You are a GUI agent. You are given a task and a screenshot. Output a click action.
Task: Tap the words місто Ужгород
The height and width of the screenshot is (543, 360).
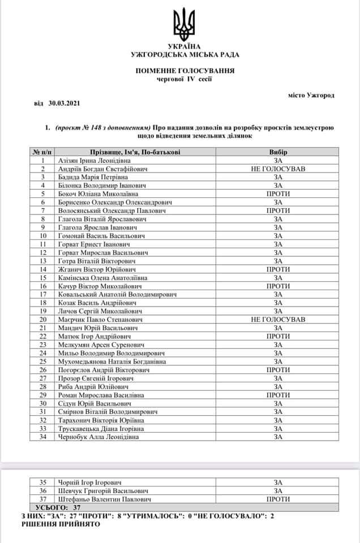click(x=311, y=95)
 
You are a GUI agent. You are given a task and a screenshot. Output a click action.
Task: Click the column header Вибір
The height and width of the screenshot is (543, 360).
click(x=278, y=153)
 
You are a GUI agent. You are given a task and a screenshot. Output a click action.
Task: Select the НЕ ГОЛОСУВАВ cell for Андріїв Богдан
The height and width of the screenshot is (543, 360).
click(x=278, y=169)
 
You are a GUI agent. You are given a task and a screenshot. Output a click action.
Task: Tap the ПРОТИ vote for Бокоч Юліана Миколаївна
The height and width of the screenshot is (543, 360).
click(x=278, y=193)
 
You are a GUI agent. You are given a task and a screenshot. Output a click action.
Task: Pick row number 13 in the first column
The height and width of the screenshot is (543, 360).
click(x=42, y=261)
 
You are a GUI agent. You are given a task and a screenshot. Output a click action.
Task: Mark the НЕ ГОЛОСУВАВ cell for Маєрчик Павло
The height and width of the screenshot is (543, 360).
click(x=278, y=319)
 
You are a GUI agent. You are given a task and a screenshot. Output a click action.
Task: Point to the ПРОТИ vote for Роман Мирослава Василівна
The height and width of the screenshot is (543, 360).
click(x=278, y=394)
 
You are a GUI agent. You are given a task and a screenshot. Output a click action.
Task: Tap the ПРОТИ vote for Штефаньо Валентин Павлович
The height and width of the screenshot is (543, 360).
click(x=278, y=499)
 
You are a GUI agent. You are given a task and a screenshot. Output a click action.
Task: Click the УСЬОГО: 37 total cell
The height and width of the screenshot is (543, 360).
click(x=55, y=508)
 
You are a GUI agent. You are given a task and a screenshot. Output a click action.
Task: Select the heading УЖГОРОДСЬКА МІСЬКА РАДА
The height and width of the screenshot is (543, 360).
click(x=185, y=54)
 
